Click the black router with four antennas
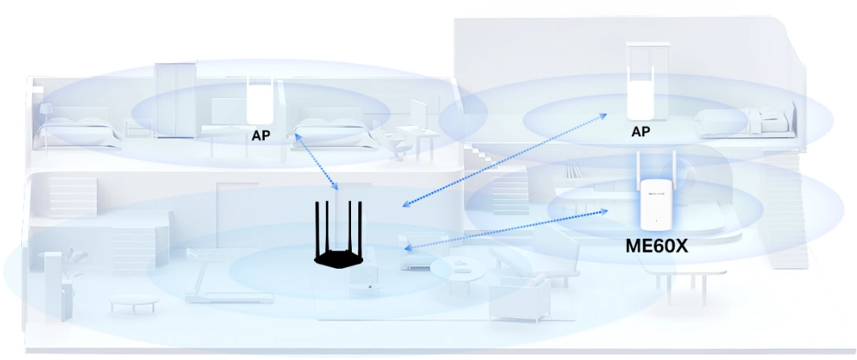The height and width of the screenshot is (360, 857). (x=339, y=238)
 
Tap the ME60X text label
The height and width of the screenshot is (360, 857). (x=656, y=245)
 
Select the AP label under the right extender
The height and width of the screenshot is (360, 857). (x=641, y=131)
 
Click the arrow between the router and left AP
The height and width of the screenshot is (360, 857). (x=316, y=161)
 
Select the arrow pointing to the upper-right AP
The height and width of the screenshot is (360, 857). (x=505, y=158)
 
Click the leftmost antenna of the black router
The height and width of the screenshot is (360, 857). (x=318, y=225)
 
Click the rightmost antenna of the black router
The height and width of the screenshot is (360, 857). (x=361, y=225)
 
